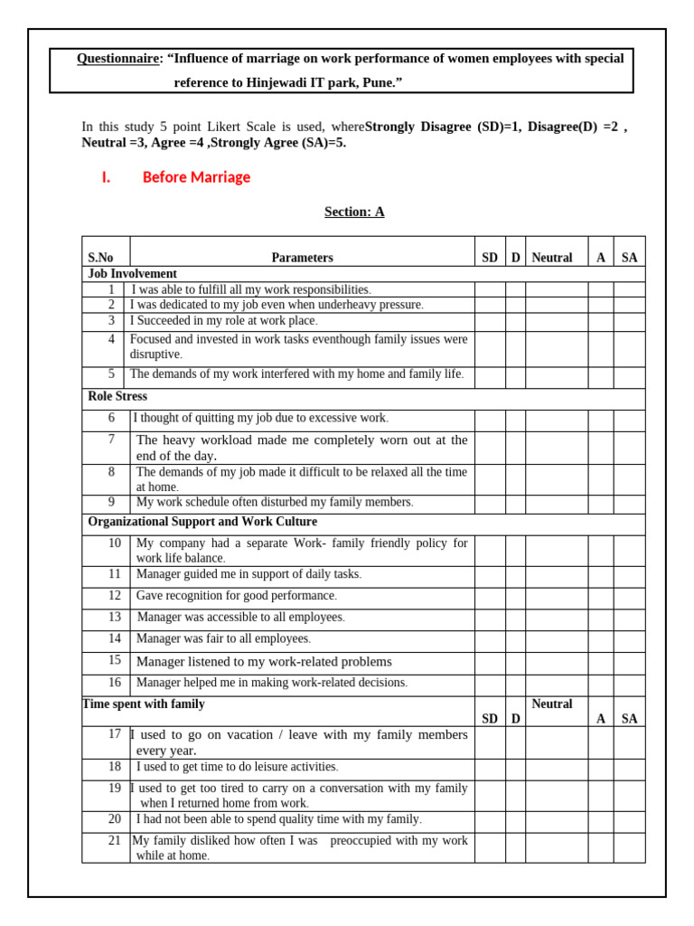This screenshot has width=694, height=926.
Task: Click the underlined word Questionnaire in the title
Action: [x=117, y=59]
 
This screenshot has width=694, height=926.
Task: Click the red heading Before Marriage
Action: [x=196, y=177]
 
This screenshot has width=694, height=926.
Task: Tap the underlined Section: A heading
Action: [x=354, y=212]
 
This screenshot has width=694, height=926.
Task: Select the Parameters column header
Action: [x=302, y=258]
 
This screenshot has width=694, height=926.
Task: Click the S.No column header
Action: [x=100, y=258]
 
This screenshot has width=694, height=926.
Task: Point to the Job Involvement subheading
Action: [x=132, y=273]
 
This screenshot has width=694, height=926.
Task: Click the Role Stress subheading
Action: [x=117, y=396]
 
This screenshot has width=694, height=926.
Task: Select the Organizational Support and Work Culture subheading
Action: [x=202, y=522]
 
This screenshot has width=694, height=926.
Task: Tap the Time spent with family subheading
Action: [x=144, y=704]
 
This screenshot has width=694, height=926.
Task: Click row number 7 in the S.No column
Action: [x=112, y=439]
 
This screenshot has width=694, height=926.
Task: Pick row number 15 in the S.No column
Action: [x=115, y=660]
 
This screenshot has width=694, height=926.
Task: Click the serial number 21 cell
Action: [x=115, y=840]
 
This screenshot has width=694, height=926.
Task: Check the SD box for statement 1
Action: [x=489, y=289]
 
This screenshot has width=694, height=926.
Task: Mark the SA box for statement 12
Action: [x=629, y=596]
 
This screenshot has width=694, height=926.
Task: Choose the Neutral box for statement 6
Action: [x=557, y=420]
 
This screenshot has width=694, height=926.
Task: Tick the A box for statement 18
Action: [x=600, y=769]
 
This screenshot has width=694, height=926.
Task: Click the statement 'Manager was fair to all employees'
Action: [x=223, y=638]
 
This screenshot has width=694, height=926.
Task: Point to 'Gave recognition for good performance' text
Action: [x=236, y=596]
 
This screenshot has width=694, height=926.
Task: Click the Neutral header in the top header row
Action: [x=552, y=258]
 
